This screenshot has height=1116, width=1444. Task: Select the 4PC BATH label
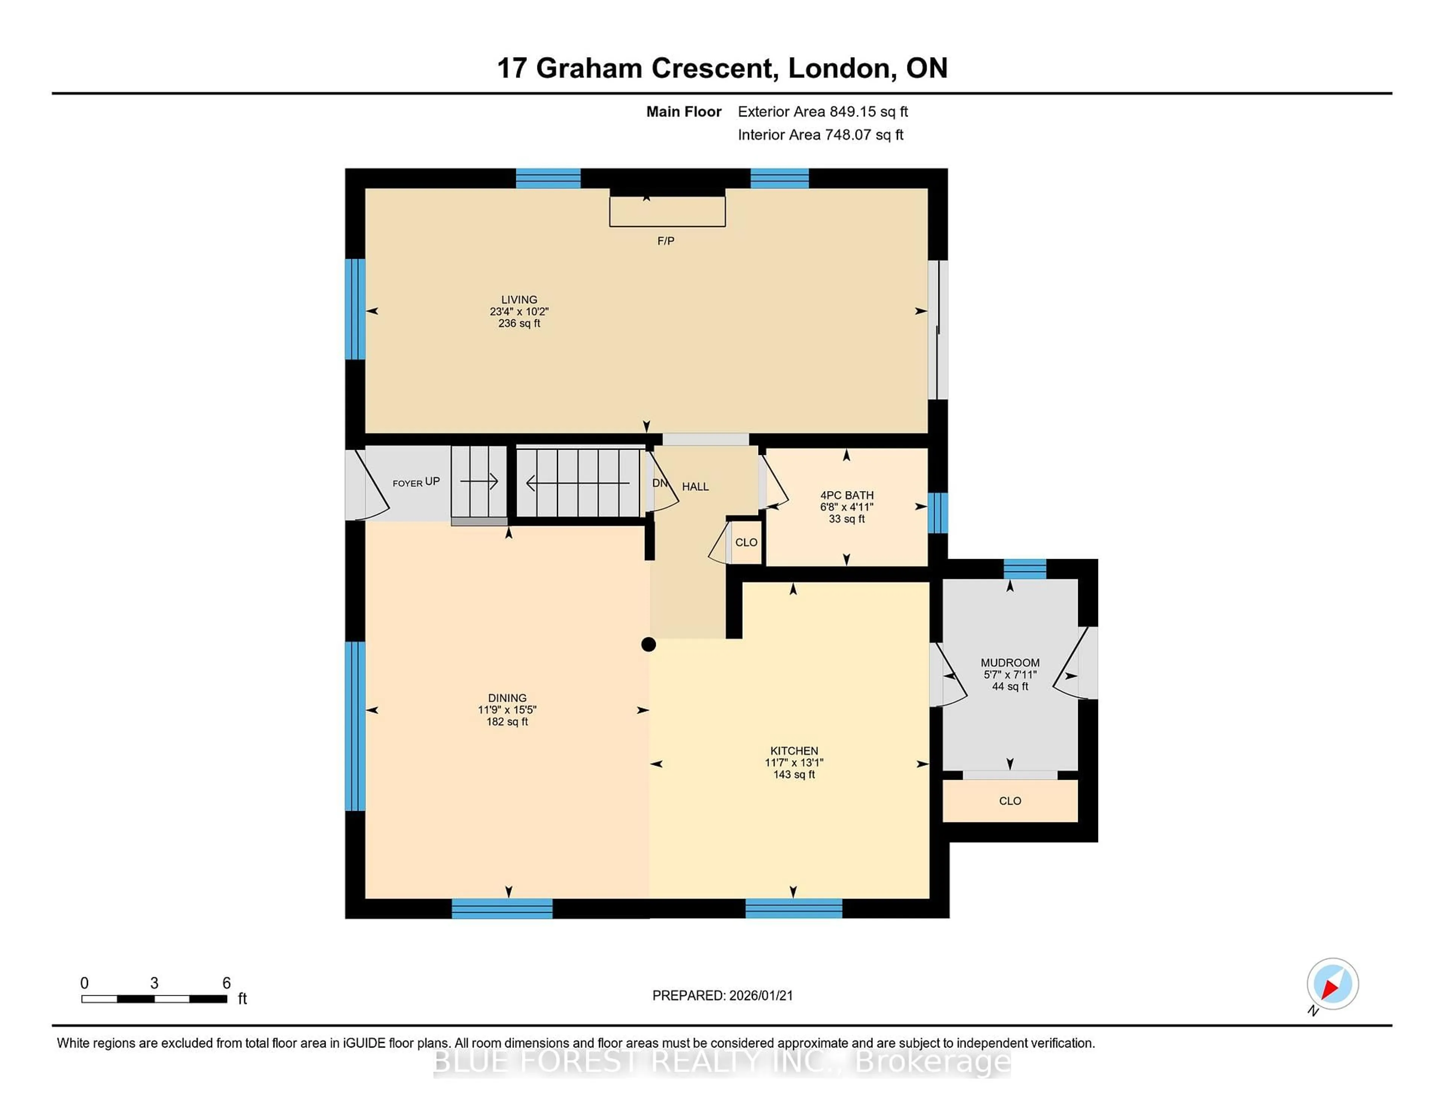tap(846, 495)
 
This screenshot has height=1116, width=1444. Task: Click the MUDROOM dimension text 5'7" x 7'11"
tap(1010, 674)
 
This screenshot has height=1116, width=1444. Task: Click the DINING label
tap(507, 697)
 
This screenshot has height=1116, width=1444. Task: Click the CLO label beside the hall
tap(746, 542)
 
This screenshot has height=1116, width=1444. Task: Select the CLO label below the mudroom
tap(1010, 801)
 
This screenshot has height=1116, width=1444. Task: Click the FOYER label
tap(407, 483)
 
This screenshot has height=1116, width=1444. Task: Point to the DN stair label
tap(659, 483)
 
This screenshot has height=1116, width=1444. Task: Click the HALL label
tap(695, 487)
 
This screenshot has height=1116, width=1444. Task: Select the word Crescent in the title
tap(711, 68)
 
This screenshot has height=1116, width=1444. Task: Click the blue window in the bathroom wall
tap(937, 513)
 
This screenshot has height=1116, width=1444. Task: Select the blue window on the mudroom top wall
tap(1024, 569)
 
